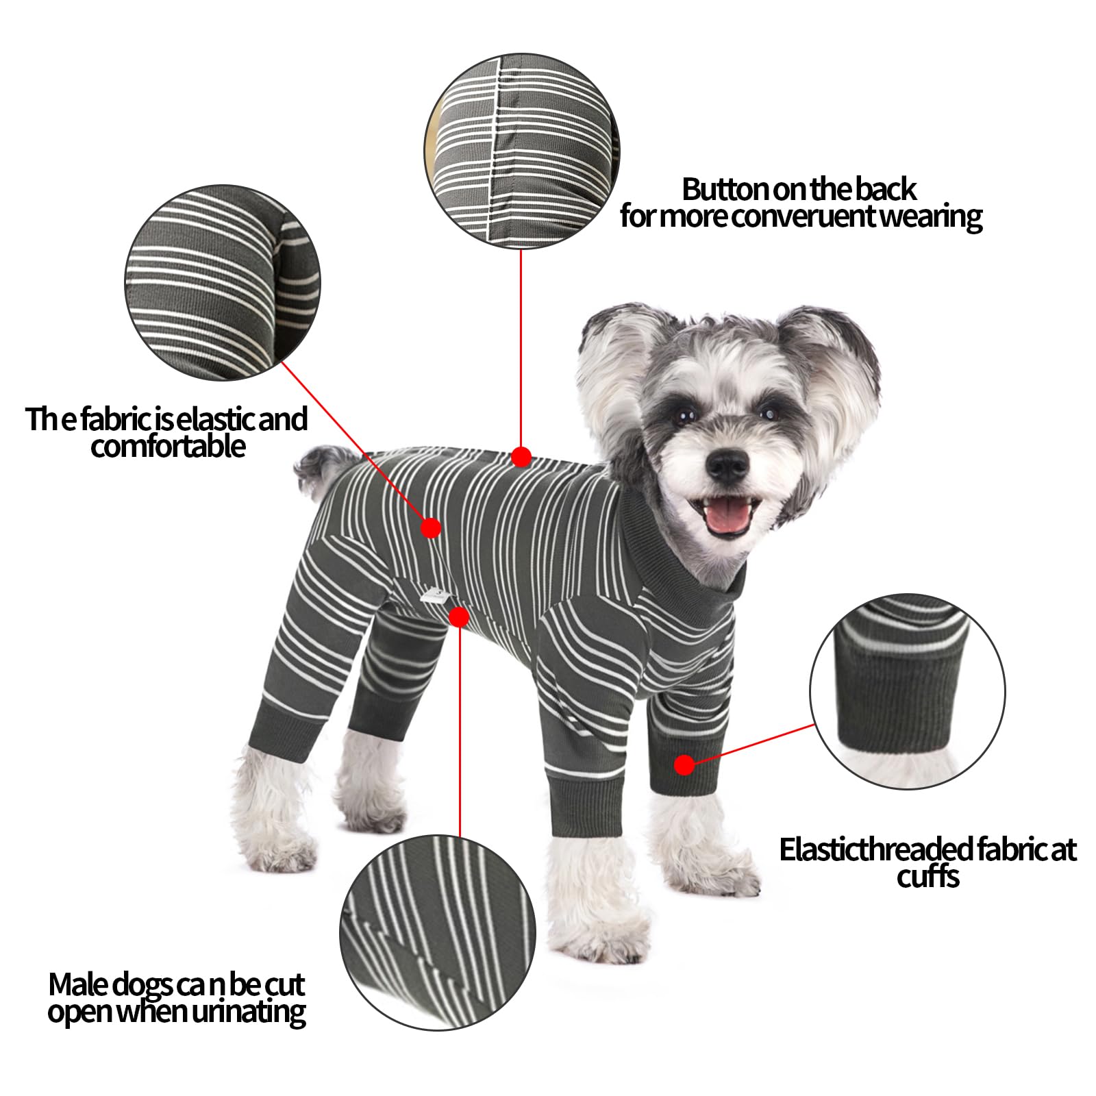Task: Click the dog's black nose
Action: coord(727,466)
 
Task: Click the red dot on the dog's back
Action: coord(521,456)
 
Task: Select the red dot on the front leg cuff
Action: coord(684,764)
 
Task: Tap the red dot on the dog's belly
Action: coord(460,617)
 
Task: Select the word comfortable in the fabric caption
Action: coord(168,446)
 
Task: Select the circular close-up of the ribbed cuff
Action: coord(908,691)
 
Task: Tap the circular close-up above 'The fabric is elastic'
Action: coord(223,283)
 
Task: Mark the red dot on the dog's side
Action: coord(430,527)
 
